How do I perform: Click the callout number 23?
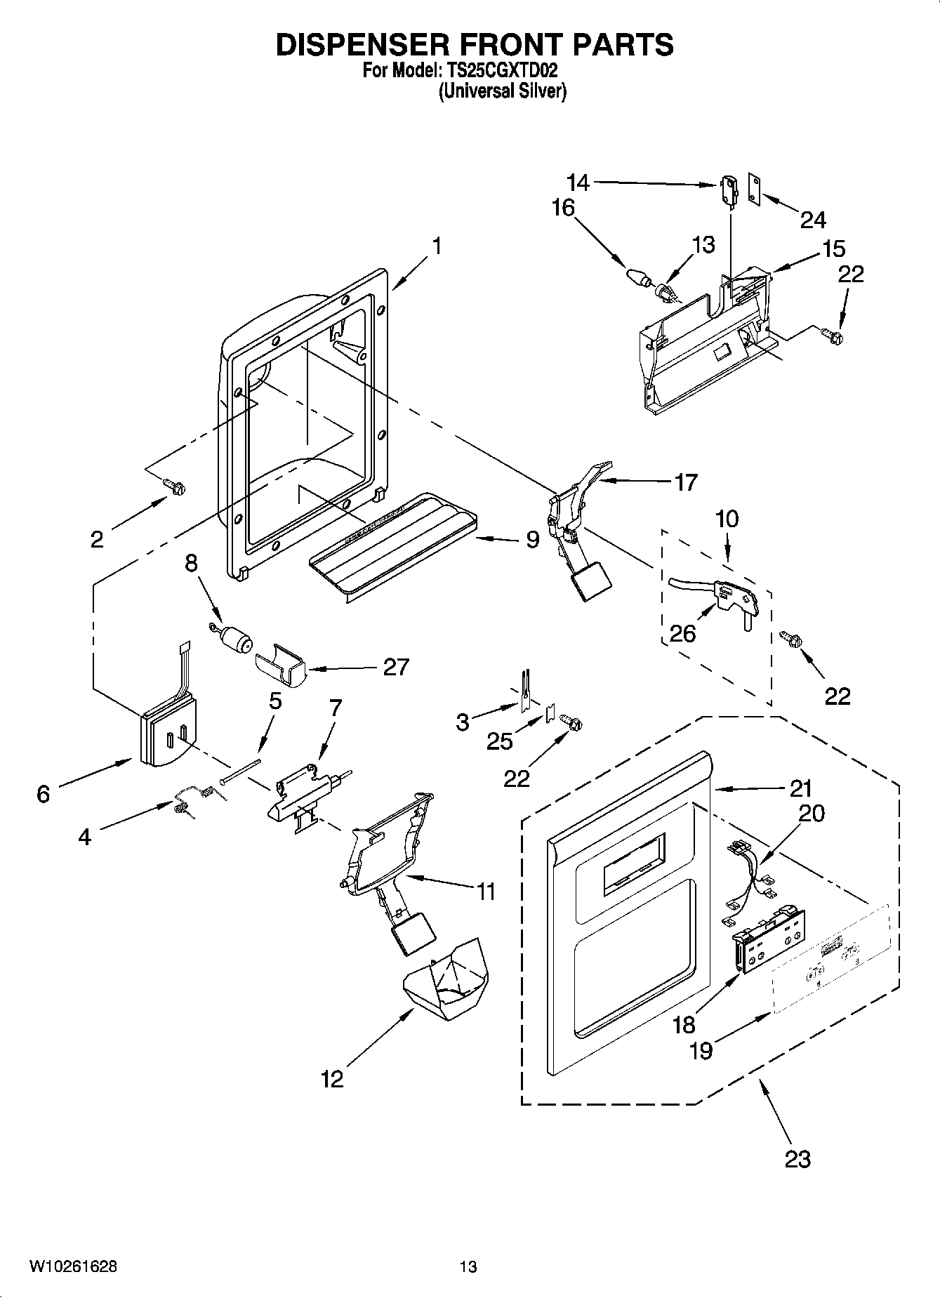[797, 1158]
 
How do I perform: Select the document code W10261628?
[73, 1267]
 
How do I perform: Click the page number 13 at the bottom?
[468, 1267]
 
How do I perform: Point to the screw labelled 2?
[173, 485]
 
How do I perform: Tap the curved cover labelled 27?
[280, 664]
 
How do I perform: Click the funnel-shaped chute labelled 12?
[445, 980]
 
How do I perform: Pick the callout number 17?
[685, 482]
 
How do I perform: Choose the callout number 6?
[44, 794]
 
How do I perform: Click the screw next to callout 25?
[572, 721]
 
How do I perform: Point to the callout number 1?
[437, 246]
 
